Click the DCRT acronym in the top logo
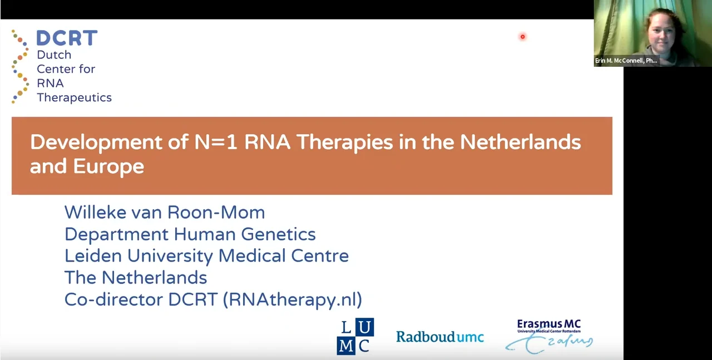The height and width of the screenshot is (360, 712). [67, 38]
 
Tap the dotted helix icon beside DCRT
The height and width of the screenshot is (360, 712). [20, 67]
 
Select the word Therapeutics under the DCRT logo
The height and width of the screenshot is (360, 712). [74, 97]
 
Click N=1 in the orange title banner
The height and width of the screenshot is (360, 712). [216, 142]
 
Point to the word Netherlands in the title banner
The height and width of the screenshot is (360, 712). [520, 142]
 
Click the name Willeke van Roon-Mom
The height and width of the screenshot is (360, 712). [165, 212]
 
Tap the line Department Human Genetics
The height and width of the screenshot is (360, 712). [190, 234]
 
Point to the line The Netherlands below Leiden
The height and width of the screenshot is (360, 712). [136, 278]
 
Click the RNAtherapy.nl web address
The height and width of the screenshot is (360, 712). [292, 300]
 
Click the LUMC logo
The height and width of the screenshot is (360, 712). [355, 336]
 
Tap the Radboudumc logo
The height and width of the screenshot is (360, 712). [440, 337]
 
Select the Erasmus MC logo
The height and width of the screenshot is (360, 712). [549, 336]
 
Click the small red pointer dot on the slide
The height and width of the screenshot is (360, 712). [522, 37]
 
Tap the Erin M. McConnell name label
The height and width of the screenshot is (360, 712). [626, 61]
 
